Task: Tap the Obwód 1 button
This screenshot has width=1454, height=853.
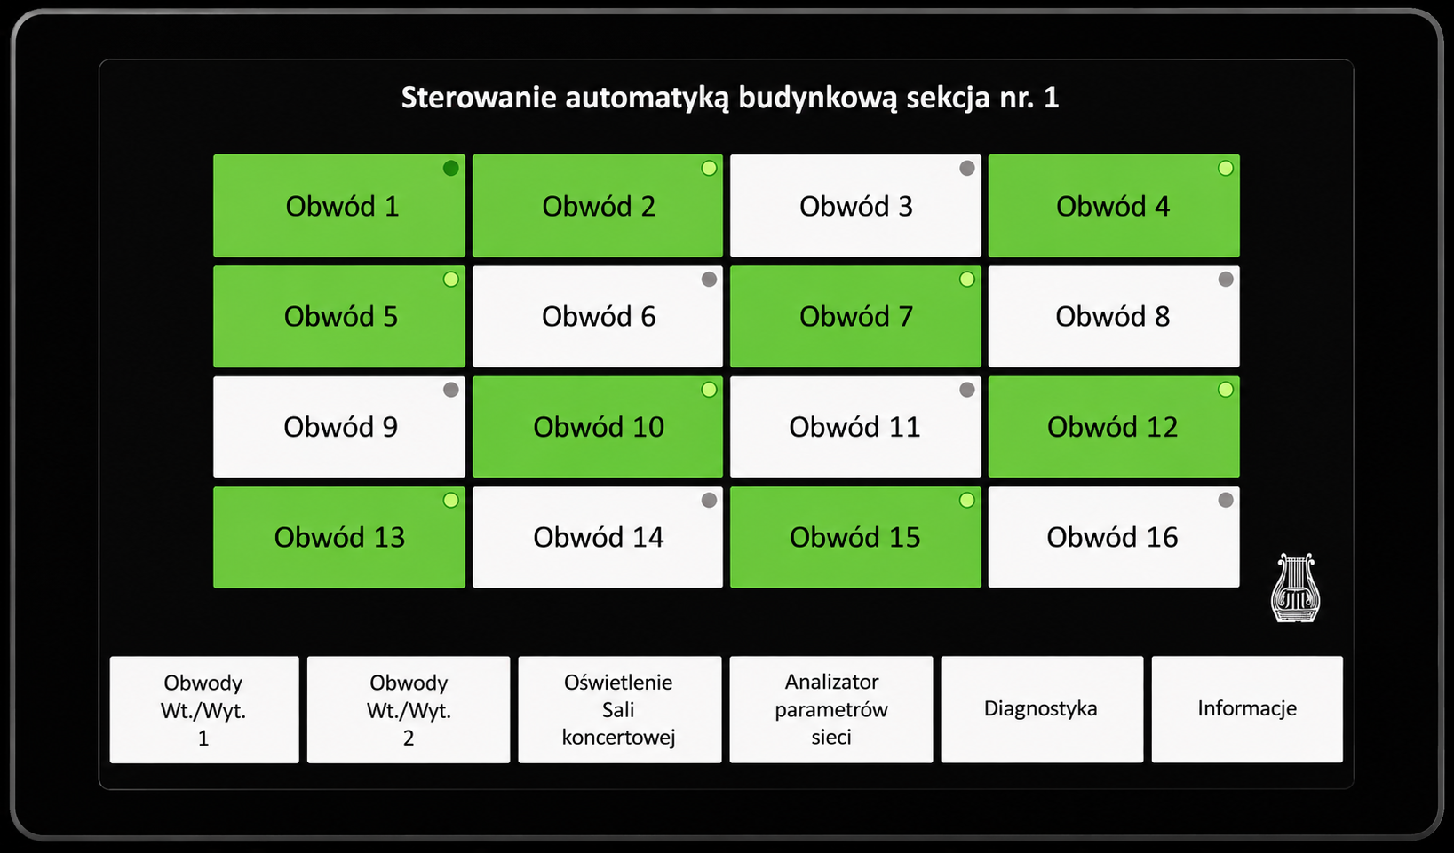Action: click(338, 206)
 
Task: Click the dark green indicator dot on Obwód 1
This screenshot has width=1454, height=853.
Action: click(450, 169)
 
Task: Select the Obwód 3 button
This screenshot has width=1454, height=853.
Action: click(855, 206)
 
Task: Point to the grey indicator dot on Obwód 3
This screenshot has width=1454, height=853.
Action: click(967, 169)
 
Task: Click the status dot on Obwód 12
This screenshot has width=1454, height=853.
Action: click(1226, 389)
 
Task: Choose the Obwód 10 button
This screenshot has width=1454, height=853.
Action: click(597, 427)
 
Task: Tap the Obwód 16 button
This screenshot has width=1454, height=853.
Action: click(1114, 537)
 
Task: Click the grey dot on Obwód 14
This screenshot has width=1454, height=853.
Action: click(709, 500)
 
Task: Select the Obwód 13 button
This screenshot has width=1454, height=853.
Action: click(338, 537)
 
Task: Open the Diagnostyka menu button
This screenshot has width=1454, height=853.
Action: click(1042, 709)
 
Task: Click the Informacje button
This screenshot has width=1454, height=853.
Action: click(1247, 709)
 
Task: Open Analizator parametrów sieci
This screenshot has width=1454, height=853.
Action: click(830, 709)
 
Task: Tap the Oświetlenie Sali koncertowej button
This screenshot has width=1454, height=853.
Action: click(619, 709)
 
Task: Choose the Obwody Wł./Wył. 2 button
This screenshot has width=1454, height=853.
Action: click(409, 709)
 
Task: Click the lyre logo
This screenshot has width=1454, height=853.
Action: click(1295, 588)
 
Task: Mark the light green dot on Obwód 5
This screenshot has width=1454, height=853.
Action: click(450, 279)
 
